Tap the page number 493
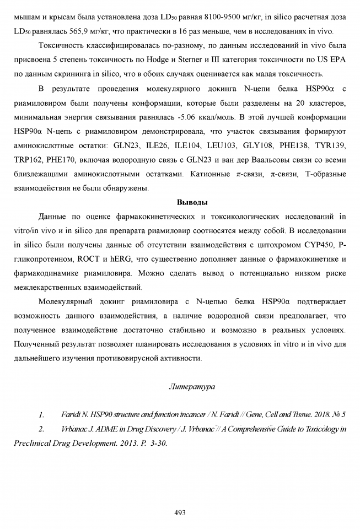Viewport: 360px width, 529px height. point(180,512)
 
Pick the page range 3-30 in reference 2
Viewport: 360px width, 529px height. point(154,442)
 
